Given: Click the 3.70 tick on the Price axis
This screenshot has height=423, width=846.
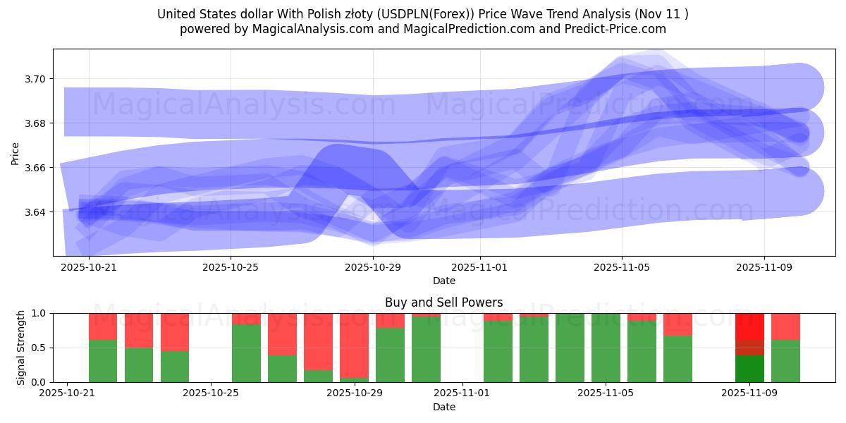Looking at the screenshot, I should coord(35,79).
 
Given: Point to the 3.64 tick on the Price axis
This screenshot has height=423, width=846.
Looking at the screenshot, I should coord(35,212).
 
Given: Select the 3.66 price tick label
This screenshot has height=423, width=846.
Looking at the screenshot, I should coord(35,168).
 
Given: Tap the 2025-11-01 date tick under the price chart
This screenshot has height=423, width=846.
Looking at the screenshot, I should coord(479,268).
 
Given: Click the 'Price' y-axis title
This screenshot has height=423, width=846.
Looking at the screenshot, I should coord(16,153).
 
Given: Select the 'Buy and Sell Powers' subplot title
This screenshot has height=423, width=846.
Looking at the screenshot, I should coord(443,302).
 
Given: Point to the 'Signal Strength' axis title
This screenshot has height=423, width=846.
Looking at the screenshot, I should coord(21,347).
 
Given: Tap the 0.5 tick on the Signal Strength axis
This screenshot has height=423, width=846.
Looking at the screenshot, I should coord(39,348).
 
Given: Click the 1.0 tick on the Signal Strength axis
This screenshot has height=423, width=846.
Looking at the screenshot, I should coord(39,313).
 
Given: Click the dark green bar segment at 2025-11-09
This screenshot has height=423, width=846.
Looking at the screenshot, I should coord(749,369).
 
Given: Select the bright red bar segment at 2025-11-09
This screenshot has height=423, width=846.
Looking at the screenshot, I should coord(749,326).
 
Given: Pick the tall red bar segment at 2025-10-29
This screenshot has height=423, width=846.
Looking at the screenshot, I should coord(354,345).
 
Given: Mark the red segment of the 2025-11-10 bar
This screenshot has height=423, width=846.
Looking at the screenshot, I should coord(785,326).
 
